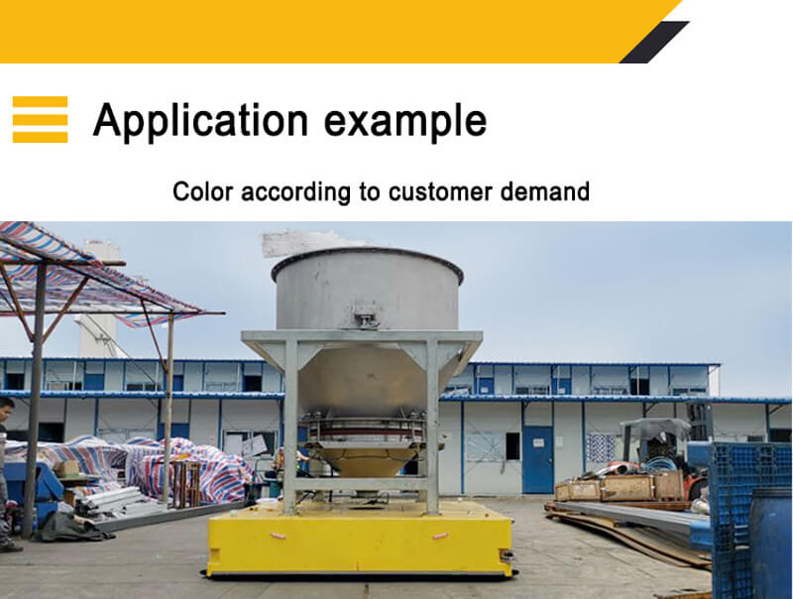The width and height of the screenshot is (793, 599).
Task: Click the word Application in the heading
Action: (200, 120)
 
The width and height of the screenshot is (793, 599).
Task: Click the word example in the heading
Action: (405, 120)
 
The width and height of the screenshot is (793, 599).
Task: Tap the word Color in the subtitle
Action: (203, 191)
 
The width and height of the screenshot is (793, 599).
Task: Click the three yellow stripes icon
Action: (40, 119)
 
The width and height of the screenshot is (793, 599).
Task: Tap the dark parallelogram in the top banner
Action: (654, 42)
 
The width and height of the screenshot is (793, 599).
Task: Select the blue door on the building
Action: (537, 459)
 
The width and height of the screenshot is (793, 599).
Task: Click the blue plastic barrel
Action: (771, 543)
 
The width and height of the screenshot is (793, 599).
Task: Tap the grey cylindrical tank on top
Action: (367, 289)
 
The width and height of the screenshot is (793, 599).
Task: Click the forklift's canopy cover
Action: (655, 428)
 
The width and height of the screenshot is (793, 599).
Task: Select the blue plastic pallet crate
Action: (750, 516)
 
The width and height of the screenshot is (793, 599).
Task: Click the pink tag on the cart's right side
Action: (439, 536)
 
